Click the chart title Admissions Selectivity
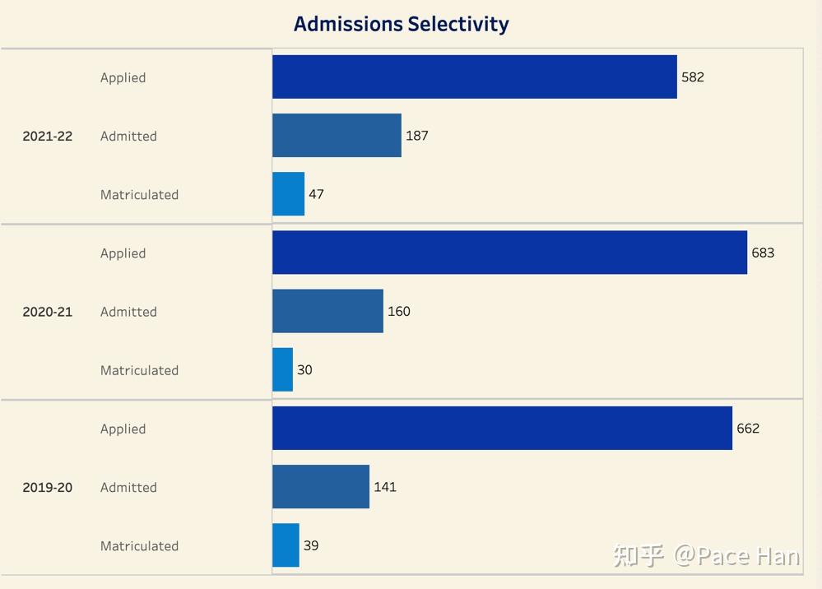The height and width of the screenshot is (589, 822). (401, 24)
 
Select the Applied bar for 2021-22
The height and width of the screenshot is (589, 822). (474, 77)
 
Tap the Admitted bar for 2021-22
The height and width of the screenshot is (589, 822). (337, 136)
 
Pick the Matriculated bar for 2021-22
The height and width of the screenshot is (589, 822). (288, 194)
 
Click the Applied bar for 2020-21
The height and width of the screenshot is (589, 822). (509, 253)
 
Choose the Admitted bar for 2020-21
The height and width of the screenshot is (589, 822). (327, 311)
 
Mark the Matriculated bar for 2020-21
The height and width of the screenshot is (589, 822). (282, 370)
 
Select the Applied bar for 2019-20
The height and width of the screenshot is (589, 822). (502, 428)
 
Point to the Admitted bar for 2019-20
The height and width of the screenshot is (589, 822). (321, 487)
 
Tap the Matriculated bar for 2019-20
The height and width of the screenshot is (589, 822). (286, 545)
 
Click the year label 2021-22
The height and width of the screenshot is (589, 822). (47, 137)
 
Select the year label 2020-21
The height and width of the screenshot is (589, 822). (47, 312)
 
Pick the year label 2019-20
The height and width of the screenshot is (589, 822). (47, 488)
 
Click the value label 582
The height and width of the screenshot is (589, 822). (693, 77)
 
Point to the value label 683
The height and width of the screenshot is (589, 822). (763, 253)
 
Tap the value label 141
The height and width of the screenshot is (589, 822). (385, 487)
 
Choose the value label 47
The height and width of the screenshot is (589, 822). (316, 194)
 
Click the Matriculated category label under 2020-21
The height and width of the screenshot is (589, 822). (139, 370)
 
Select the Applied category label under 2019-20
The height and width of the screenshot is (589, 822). (123, 429)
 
